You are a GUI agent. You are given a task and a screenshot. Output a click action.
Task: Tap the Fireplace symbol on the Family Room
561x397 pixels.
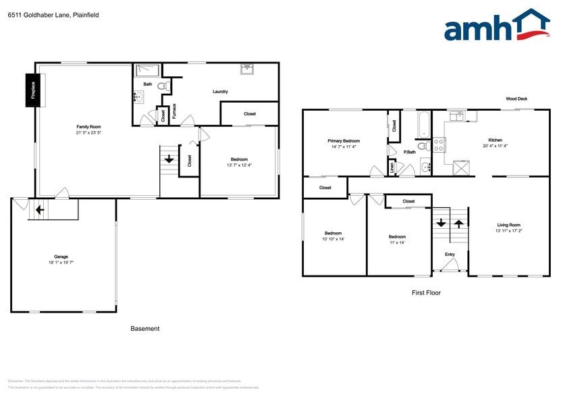coord(31,89)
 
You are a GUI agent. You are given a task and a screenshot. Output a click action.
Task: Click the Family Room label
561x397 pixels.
coord(88,127)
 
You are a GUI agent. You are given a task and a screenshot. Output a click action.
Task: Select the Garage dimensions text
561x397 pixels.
coord(61,262)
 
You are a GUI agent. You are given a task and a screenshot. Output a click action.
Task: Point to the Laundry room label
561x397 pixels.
coord(220,92)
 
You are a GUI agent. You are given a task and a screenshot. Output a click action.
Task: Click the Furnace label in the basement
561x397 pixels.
coord(174,111)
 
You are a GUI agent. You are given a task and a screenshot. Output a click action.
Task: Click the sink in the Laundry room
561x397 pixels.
coord(246,68)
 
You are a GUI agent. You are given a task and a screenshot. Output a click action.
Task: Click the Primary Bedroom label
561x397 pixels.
coord(344,141)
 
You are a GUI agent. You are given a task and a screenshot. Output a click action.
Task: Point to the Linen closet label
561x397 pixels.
coord(392,167)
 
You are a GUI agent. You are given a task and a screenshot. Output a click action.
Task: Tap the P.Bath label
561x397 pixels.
coord(409,152)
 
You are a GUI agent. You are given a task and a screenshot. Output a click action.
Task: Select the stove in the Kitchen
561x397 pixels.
coord(438,144)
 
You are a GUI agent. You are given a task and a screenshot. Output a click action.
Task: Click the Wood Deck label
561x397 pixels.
coord(516,99)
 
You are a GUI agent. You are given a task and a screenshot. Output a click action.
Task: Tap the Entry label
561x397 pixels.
coord(450,255)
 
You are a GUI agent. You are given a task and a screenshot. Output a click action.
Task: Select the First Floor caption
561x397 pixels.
coord(426,293)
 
